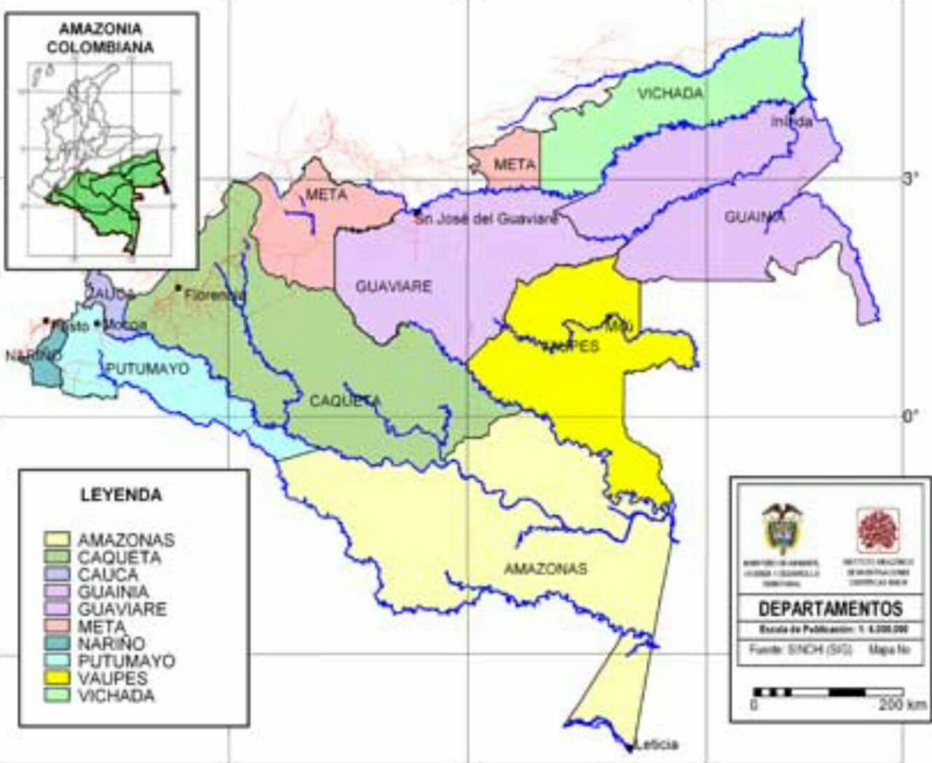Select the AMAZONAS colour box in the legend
click(58, 539)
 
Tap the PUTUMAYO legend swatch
click(58, 661)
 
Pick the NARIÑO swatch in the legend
click(58, 644)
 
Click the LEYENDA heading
click(121, 495)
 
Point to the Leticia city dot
click(629, 747)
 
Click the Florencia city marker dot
click(178, 288)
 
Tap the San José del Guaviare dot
click(417, 213)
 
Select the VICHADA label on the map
click(670, 93)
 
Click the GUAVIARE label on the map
click(393, 287)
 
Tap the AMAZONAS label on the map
click(545, 569)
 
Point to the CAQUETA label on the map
click(345, 401)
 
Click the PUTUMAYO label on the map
click(148, 369)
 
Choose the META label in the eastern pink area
click(515, 165)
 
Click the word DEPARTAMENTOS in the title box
click(830, 609)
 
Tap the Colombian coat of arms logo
click(781, 528)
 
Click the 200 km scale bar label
click(902, 705)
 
